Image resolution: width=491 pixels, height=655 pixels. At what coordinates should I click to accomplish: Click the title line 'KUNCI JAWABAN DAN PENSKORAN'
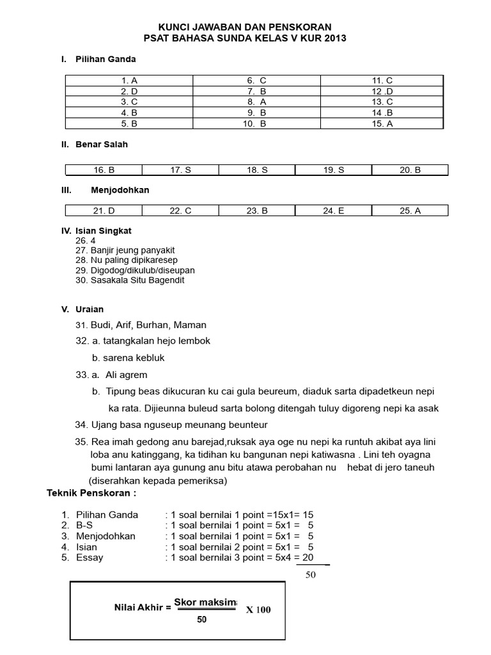coord(245,27)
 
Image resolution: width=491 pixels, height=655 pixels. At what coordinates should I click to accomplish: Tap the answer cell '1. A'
coord(129,81)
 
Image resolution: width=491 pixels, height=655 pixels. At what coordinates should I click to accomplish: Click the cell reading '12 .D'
coord(382,91)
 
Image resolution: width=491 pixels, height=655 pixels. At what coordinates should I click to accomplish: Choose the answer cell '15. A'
coord(382,124)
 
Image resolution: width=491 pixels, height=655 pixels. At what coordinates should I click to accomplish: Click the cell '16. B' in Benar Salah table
coord(104,170)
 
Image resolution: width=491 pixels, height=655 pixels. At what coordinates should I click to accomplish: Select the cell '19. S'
coord(333,170)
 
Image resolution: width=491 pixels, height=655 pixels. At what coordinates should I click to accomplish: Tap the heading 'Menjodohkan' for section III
coord(120,191)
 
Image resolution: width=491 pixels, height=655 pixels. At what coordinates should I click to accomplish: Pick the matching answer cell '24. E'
coord(333,211)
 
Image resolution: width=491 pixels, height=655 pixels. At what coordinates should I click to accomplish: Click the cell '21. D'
coord(104,211)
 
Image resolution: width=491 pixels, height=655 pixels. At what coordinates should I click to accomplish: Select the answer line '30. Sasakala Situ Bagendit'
coord(130,280)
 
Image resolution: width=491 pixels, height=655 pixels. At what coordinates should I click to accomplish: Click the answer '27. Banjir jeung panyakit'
coord(125,250)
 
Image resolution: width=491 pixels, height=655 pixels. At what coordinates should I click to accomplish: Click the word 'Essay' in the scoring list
coord(90,558)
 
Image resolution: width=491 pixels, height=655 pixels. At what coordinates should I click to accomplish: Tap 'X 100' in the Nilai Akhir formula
coord(258,610)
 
